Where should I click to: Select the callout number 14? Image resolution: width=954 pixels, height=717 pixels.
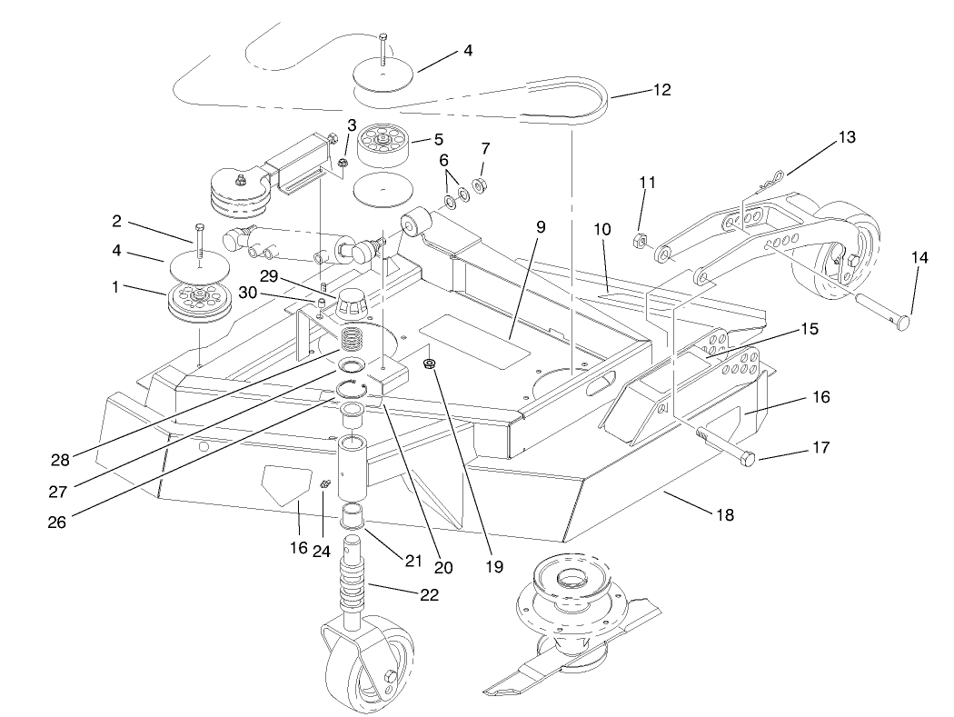click(919, 258)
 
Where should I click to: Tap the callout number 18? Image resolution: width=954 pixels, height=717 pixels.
click(725, 514)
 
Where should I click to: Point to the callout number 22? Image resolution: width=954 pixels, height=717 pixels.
click(430, 595)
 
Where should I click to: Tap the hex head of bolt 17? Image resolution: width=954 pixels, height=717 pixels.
click(747, 458)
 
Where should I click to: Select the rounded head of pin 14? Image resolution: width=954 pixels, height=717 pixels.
click(902, 324)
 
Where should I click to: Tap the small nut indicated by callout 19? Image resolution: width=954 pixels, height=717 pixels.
click(431, 365)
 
